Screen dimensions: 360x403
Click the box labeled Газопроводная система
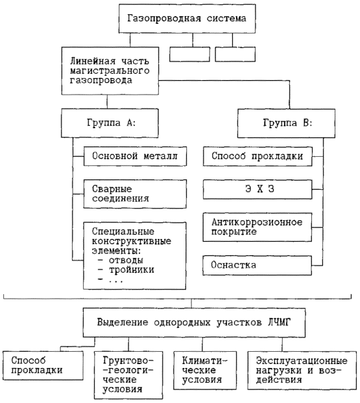pos(187,18)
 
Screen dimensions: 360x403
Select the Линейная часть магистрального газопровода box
pos(110,71)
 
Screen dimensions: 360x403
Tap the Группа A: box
pos(110,123)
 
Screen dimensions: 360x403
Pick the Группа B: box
pos(286,123)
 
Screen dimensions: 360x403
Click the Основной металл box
pos(135,156)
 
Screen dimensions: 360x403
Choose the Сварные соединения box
pos(135,194)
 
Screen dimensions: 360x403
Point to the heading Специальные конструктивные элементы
pos(131,241)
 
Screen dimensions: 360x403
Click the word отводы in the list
pos(126,260)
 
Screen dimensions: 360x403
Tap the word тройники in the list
pos(132,270)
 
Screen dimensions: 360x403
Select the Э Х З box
pos(258,189)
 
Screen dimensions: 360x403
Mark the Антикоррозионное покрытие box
pos(258,227)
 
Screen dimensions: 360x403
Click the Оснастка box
pos(258,265)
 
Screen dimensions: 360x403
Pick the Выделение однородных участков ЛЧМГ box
pos(194,323)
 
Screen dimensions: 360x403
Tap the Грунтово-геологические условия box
pos(128,375)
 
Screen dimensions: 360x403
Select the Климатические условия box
pos(205,371)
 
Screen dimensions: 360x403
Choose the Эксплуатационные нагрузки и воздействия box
pos(302,371)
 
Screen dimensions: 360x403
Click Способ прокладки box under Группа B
pos(258,156)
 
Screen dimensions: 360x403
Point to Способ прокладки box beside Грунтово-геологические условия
pos(43,365)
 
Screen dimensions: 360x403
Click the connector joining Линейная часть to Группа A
pos(107,102)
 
